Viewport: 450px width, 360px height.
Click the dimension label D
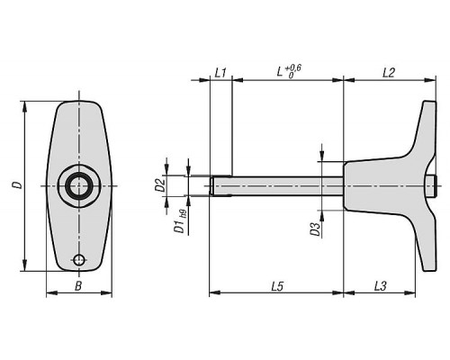(x=19, y=184)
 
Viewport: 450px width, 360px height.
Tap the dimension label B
(x=78, y=286)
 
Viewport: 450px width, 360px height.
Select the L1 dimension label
(x=220, y=73)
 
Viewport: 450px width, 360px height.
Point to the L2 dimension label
(x=389, y=73)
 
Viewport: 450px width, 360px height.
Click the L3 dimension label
(x=380, y=286)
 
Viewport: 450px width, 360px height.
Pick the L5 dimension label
(x=277, y=286)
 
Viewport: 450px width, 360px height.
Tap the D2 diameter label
(x=160, y=184)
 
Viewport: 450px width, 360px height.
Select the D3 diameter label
(x=315, y=229)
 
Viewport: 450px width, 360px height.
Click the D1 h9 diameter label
(x=180, y=221)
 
